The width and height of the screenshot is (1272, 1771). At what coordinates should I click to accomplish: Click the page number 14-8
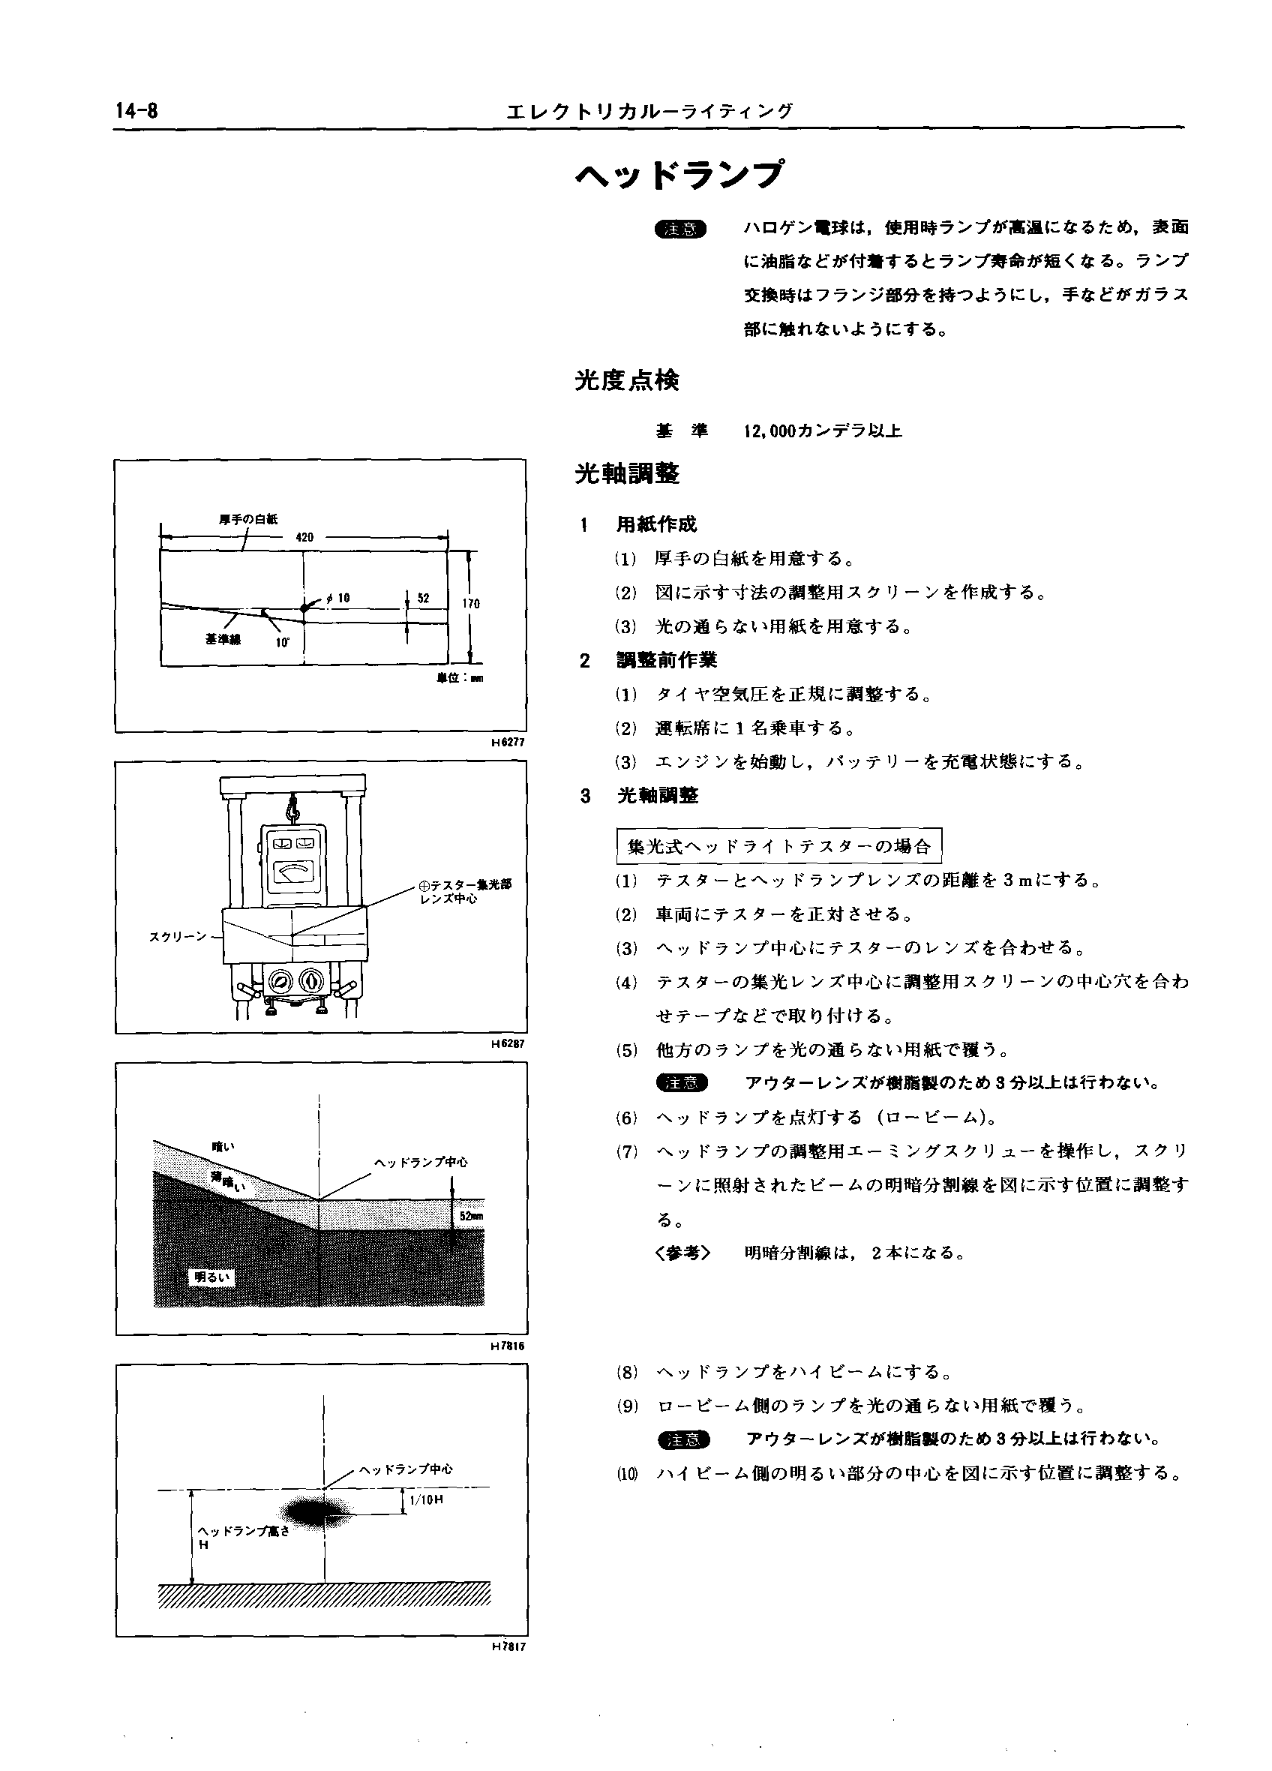coord(136,112)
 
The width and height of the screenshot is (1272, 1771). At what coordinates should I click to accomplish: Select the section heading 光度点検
coord(627,381)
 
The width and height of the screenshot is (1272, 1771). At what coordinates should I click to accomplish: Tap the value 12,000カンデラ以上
coord(823,431)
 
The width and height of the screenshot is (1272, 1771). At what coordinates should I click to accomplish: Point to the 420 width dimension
coord(304,537)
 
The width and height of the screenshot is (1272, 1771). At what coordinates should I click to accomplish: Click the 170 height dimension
coord(471,604)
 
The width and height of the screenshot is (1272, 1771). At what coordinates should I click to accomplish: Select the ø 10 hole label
coord(338,598)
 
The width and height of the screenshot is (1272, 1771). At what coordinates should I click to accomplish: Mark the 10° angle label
coord(282,643)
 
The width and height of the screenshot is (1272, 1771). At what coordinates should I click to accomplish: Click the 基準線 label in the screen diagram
coord(223,640)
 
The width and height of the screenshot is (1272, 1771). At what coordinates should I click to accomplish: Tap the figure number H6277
coord(508,742)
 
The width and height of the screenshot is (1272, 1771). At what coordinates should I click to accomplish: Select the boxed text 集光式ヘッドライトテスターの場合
coord(778,845)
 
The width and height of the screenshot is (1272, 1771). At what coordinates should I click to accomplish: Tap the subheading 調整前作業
coord(666,660)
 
